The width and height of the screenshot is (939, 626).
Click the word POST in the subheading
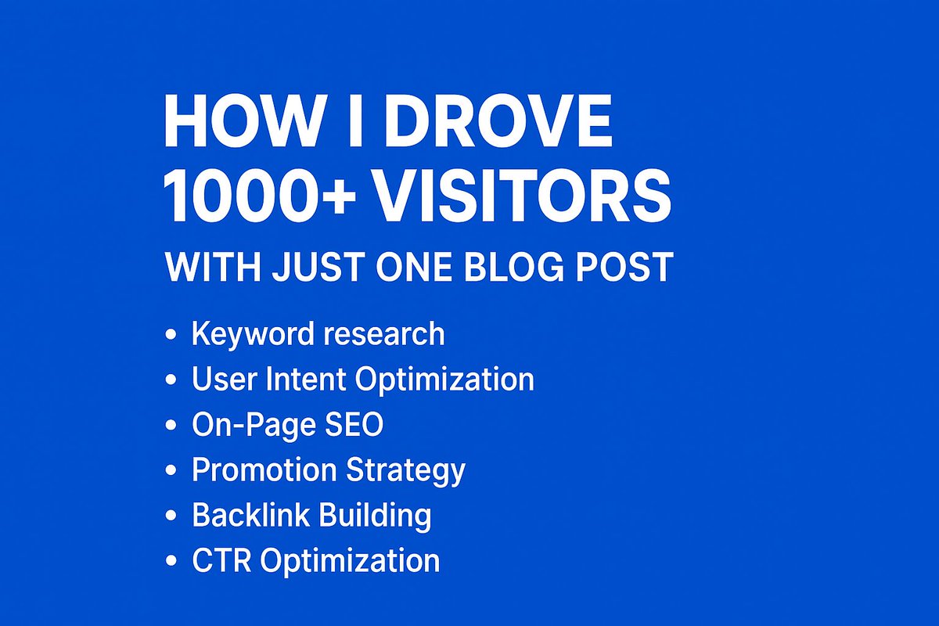630,268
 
